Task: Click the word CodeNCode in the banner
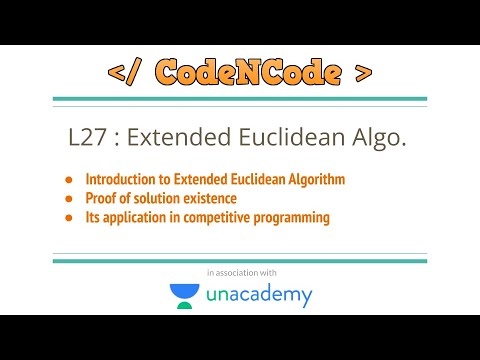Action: click(x=240, y=72)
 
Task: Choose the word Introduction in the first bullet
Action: click(x=121, y=180)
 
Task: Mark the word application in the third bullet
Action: click(x=136, y=217)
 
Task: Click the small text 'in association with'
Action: click(x=241, y=272)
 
